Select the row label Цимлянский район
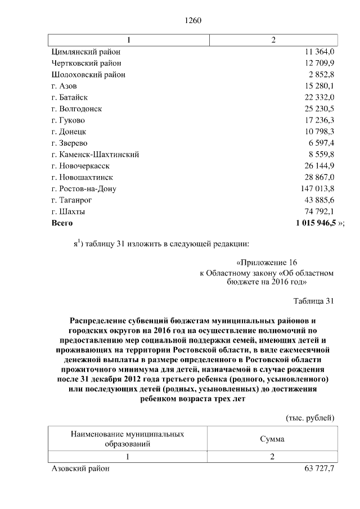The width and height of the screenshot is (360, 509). tap(85, 52)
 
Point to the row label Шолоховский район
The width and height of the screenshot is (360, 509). tap(88, 74)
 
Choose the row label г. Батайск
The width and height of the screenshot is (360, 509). tap(69, 97)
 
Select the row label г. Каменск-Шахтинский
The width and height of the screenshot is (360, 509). tap(95, 155)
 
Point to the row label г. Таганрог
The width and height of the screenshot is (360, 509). tap(71, 200)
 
